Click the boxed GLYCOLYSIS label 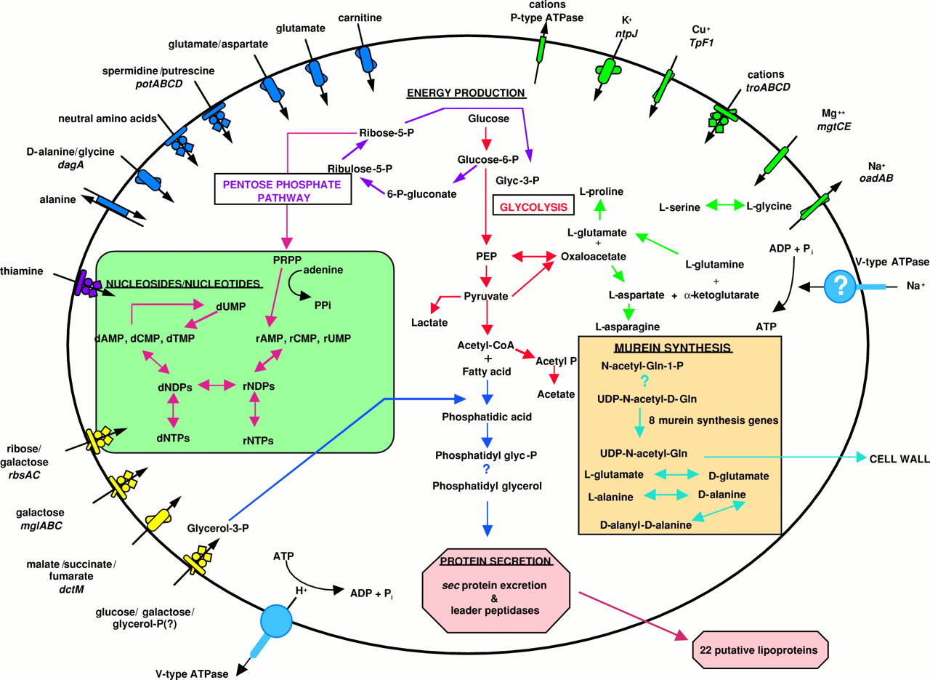click(532, 207)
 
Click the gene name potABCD click(158, 84)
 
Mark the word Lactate click(429, 321)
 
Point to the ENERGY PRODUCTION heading click(466, 92)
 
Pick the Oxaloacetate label click(594, 256)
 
